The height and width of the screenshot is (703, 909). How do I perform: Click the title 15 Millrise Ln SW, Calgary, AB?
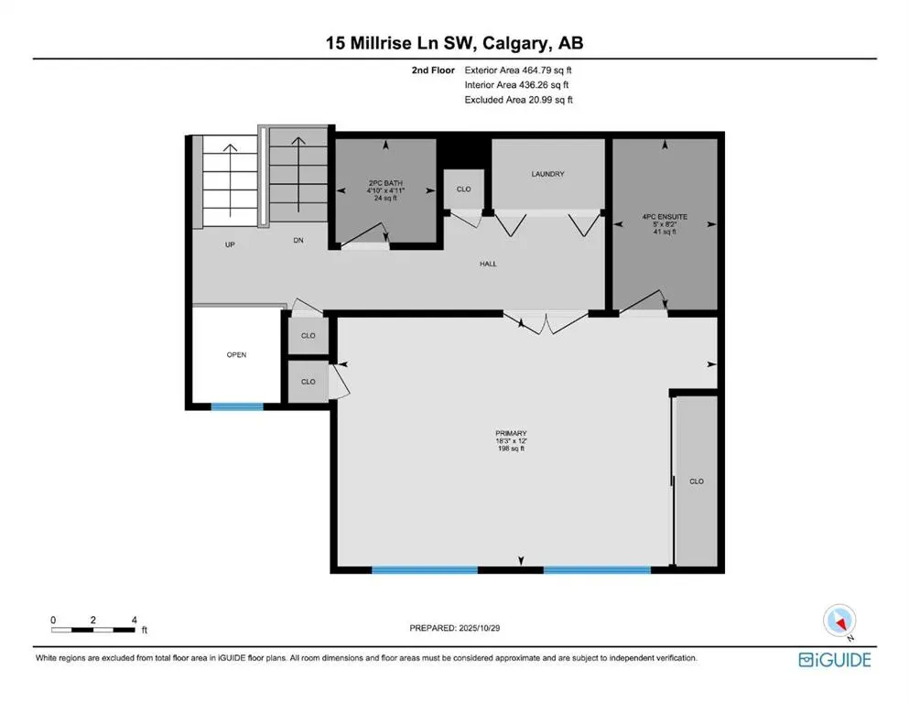click(x=454, y=43)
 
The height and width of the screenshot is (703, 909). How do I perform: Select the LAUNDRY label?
click(x=547, y=174)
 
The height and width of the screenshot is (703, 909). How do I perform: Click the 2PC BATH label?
click(x=384, y=182)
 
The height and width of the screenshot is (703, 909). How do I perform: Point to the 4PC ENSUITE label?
click(x=665, y=218)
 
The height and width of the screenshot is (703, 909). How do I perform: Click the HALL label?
click(x=488, y=264)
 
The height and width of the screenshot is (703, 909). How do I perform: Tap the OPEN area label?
click(x=236, y=354)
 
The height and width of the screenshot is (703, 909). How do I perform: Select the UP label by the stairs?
click(x=231, y=245)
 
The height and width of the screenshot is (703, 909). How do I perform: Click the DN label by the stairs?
click(x=298, y=242)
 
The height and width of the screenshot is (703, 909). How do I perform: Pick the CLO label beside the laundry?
click(x=463, y=189)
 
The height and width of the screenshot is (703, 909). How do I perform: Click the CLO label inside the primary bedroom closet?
click(x=696, y=481)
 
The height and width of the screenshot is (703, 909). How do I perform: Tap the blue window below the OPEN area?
click(x=237, y=406)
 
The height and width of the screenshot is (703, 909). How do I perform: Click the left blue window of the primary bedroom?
click(x=424, y=569)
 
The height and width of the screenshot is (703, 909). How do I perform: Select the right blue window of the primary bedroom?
click(x=597, y=569)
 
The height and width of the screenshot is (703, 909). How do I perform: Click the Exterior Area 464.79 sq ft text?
click(x=518, y=70)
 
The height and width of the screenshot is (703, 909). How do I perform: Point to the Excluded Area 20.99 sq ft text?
click(x=518, y=100)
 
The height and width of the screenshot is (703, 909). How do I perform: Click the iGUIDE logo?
click(x=834, y=659)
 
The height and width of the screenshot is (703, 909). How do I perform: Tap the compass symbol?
click(x=839, y=622)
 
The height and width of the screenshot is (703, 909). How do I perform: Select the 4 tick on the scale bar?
click(x=135, y=620)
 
